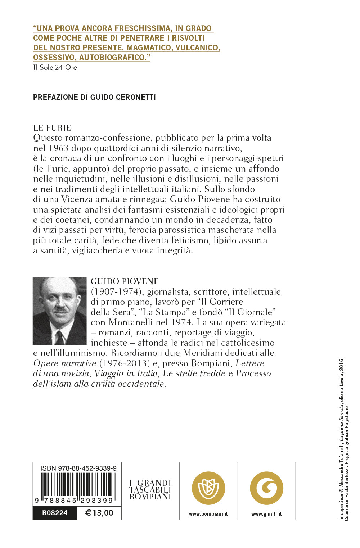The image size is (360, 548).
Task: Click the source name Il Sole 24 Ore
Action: point(55,67)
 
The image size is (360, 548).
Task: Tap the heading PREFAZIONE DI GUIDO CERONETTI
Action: point(94,97)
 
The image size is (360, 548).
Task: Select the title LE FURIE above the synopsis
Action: point(52,128)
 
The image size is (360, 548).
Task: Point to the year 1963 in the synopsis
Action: point(58,148)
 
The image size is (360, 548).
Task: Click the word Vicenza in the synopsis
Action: point(77,199)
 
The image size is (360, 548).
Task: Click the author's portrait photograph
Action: point(59,311)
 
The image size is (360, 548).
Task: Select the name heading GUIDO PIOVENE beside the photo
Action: point(125,281)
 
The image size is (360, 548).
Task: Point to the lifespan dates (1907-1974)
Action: point(115,292)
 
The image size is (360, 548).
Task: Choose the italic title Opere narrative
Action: point(65,363)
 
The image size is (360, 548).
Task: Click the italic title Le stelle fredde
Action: point(194,373)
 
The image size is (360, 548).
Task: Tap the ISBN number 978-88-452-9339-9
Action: point(78,468)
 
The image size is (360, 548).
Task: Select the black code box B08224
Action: point(55,513)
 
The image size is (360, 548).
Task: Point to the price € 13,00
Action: point(99,513)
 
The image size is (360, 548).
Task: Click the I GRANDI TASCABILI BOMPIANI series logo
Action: point(150,490)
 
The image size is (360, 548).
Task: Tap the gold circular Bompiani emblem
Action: point(208,488)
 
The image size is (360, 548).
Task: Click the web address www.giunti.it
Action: point(266,514)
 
